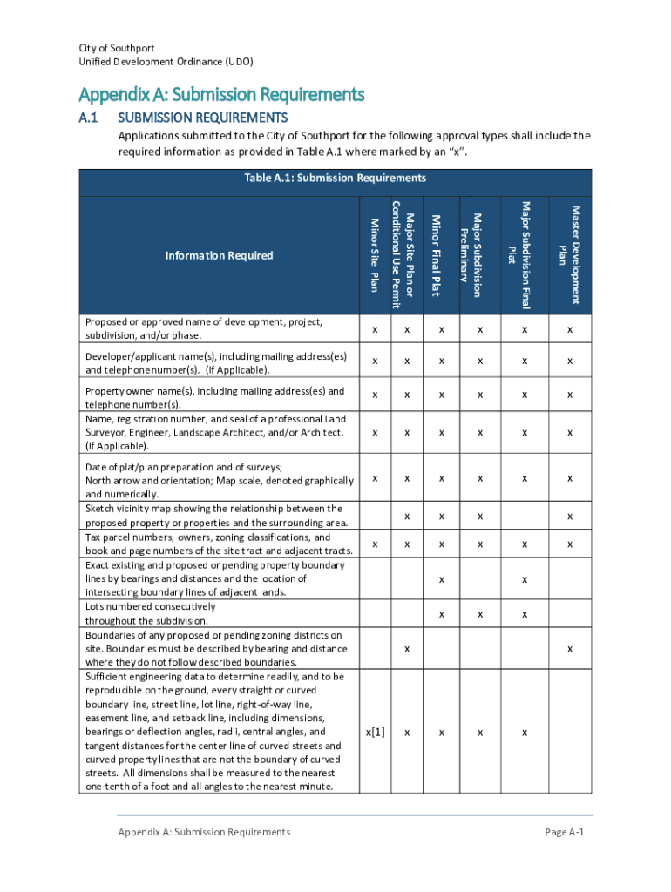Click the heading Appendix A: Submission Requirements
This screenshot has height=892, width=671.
pos(221,94)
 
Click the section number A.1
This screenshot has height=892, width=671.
pos(91,118)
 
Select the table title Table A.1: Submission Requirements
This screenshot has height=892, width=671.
pos(335,178)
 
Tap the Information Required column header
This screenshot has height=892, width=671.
pos(219,255)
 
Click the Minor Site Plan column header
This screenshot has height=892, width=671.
pos(375,254)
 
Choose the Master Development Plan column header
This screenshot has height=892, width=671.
pos(569,254)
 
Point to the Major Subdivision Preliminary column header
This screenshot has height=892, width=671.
pos(471,254)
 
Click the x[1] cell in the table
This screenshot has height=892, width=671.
pos(375,732)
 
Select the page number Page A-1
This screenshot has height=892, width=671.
pos(564,832)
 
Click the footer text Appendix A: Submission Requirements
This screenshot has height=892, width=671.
pos(204,832)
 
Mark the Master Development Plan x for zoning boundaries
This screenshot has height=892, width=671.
pos(569,649)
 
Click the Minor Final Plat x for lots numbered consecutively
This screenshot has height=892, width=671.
pos(442,614)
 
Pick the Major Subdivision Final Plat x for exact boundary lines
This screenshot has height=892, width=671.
pos(524,579)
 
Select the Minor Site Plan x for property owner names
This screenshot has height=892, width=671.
pos(375,395)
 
